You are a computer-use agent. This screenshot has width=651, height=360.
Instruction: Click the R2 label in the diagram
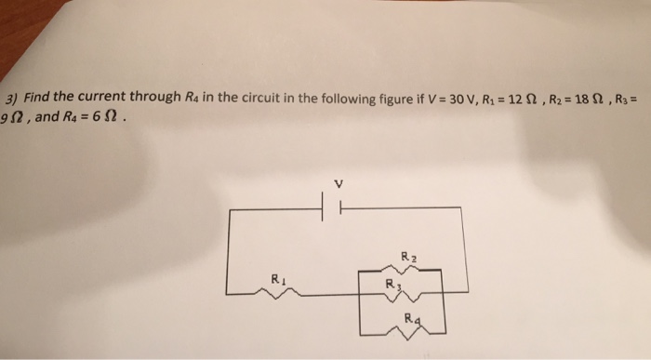[407, 255]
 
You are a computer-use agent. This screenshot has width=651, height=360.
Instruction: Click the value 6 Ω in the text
[100, 118]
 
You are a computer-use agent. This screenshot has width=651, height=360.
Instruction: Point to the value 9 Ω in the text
[13, 118]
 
